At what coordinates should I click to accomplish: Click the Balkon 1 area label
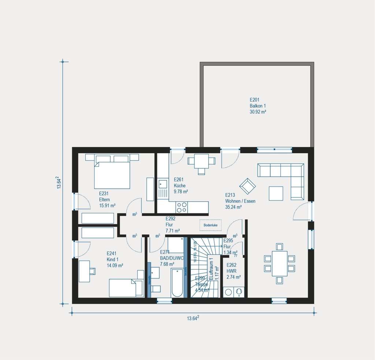[258, 105]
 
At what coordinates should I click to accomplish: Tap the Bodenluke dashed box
[211, 225]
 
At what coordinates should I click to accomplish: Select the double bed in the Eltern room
[112, 175]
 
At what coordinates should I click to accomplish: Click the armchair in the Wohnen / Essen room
[248, 186]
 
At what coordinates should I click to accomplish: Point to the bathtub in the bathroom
[177, 283]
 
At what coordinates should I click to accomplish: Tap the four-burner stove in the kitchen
[182, 207]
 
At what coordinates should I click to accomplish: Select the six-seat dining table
[279, 263]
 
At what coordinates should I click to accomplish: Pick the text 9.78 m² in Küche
[181, 191]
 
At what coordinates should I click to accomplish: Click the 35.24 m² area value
[233, 207]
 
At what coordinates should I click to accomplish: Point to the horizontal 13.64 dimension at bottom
[193, 318]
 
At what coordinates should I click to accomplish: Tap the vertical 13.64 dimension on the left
[58, 183]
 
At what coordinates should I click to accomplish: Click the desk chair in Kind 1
[92, 271]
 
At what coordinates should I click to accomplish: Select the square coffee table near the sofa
[276, 193]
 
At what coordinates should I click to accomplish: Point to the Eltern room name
[104, 199]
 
